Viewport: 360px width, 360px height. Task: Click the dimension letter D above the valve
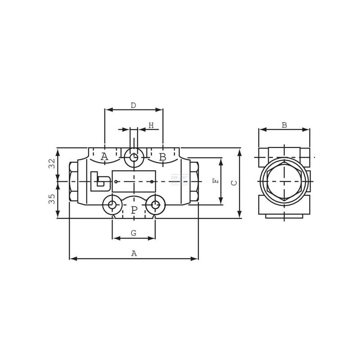[133, 105]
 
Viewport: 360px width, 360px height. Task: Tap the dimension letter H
[151, 126]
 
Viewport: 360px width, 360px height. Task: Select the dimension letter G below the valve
[134, 233]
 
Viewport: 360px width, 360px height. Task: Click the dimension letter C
[234, 183]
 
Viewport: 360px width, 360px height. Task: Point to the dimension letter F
[216, 181]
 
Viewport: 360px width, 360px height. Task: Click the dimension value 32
[52, 163]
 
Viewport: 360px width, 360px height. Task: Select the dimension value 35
[52, 199]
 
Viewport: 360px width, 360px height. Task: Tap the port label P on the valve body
[134, 210]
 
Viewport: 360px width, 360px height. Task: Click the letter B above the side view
[284, 126]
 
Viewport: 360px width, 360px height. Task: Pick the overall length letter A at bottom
[134, 253]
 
